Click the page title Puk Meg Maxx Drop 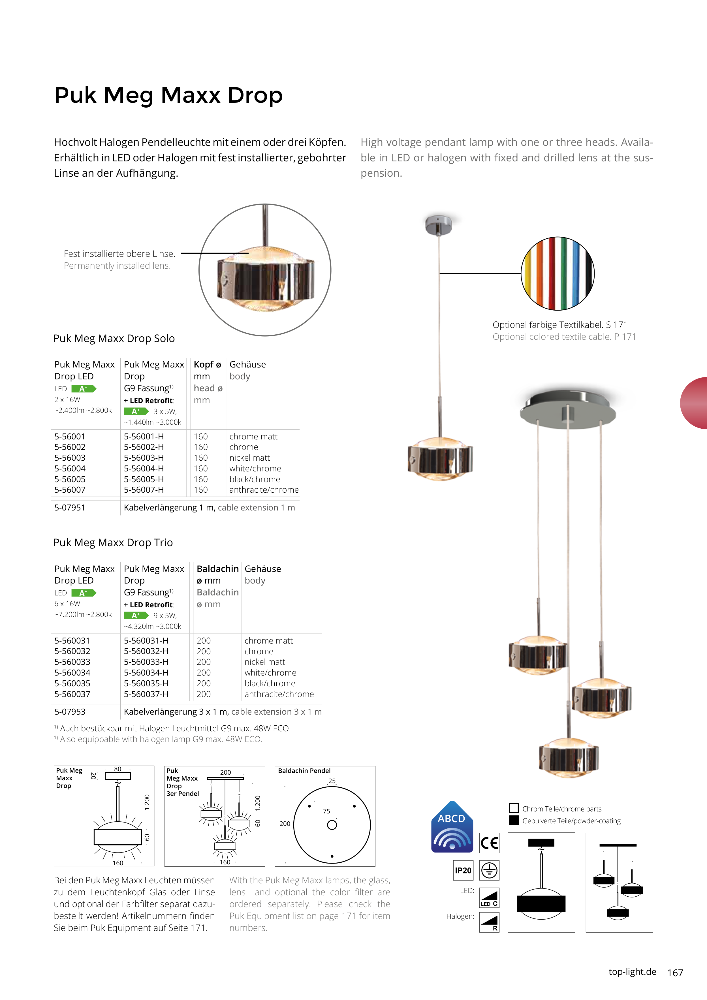(x=168, y=95)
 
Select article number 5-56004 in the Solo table (x=70, y=469)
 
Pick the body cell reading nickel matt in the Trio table (x=264, y=662)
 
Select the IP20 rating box (x=463, y=871)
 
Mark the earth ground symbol (x=489, y=871)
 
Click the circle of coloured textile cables (x=558, y=273)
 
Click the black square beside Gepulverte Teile (x=514, y=820)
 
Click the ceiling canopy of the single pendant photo (x=439, y=224)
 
